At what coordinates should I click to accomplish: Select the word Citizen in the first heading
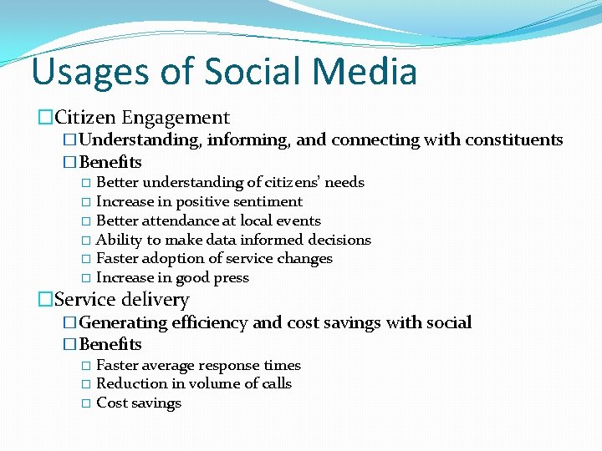[x=85, y=118]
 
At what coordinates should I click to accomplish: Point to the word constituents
[x=515, y=139]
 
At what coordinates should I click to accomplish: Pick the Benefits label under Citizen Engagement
[x=110, y=162]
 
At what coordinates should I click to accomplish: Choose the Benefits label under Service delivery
[x=110, y=344]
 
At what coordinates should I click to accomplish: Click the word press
[x=230, y=278]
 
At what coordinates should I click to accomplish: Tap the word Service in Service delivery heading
[x=84, y=299]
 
